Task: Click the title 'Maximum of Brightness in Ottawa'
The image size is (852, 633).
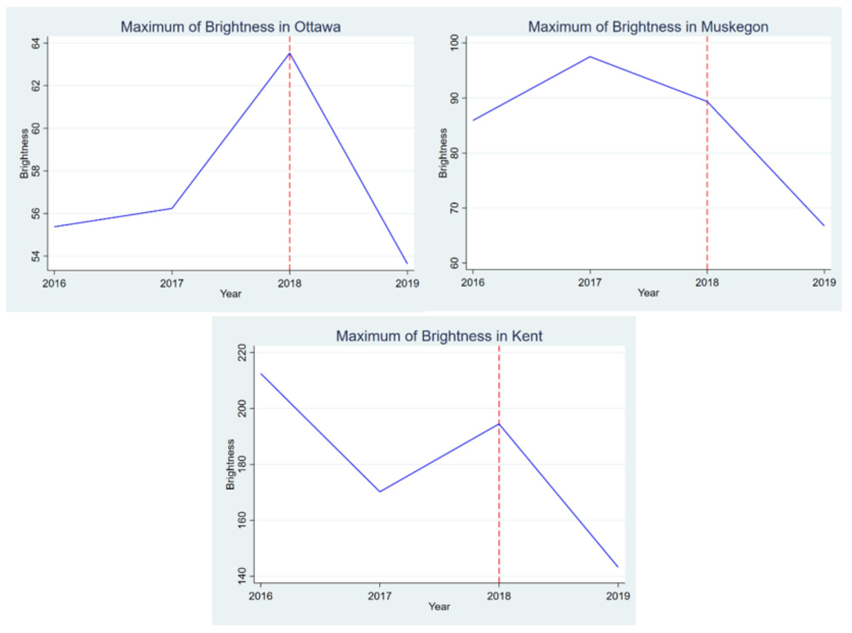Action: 230,27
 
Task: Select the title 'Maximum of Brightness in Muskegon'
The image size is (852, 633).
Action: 648,27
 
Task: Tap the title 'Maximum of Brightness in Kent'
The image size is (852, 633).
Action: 439,336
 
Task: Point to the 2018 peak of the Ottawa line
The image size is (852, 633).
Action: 290,53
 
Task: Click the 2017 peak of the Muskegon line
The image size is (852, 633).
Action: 590,57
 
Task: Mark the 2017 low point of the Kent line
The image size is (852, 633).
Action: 380,491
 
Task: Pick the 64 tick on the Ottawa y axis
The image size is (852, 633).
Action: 36,43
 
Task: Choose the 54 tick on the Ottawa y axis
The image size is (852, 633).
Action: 36,256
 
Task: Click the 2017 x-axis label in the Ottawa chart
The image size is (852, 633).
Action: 172,283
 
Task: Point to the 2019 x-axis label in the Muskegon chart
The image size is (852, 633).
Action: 824,283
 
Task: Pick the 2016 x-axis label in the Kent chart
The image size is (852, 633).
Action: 261,596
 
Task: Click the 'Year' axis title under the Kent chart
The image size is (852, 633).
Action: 439,607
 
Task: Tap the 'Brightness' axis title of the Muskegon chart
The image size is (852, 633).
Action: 443,153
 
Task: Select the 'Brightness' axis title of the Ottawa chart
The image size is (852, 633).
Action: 24,153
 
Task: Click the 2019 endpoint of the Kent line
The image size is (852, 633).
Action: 618,567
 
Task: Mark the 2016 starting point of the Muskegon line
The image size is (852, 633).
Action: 473,120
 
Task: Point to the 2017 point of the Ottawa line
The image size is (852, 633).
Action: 172,208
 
